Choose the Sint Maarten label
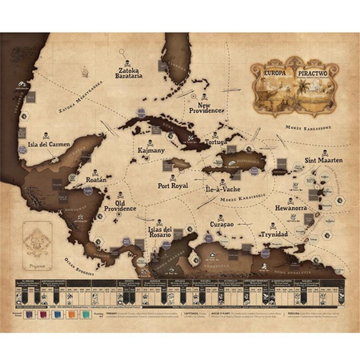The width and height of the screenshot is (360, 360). (x=323, y=160)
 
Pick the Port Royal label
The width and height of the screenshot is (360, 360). (x=174, y=185)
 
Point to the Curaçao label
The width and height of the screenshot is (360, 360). (x=227, y=225)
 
